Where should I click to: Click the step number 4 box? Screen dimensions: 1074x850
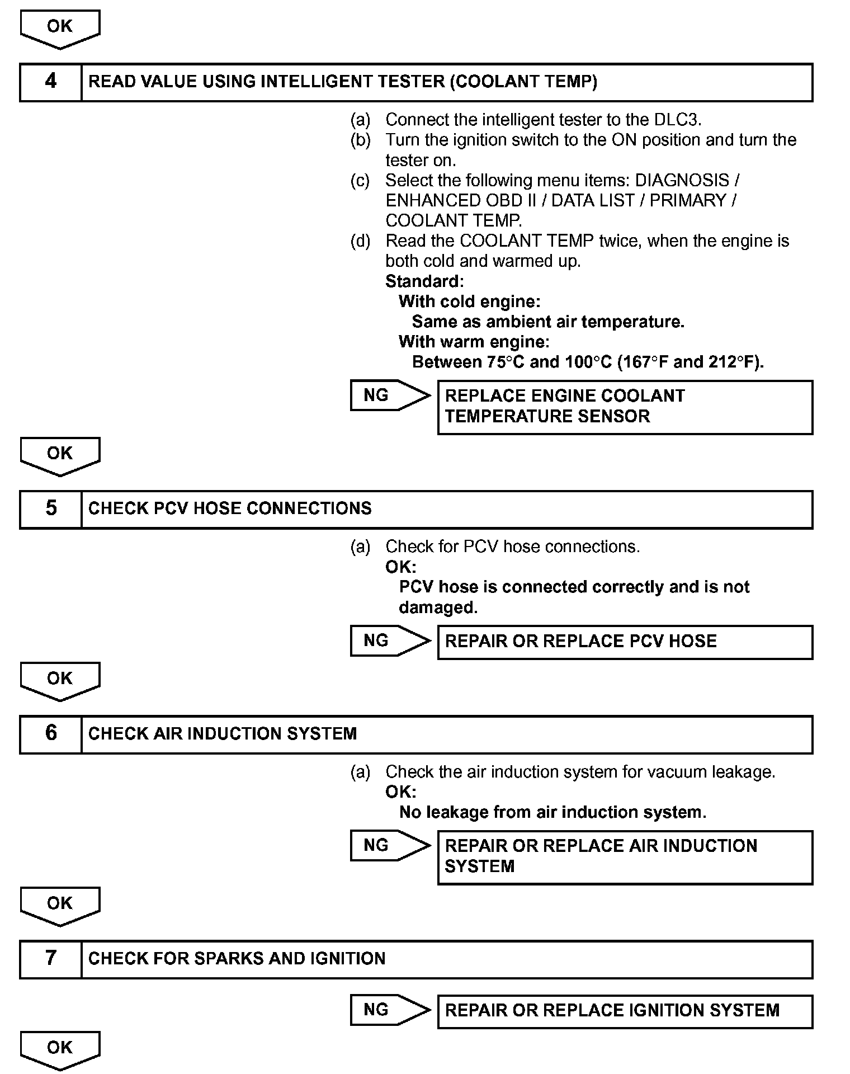51,82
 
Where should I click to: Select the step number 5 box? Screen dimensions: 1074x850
51,509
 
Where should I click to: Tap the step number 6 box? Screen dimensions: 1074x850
51,734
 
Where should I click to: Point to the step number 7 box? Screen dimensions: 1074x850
51,959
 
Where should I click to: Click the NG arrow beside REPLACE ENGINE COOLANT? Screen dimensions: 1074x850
389,395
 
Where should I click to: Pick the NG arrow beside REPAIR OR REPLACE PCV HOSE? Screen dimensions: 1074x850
389,640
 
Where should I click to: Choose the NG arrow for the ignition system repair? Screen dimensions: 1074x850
389,1010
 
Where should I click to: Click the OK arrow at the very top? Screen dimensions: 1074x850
60,29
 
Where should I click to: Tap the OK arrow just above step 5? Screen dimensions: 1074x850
60,455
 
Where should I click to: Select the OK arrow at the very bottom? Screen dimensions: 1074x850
60,1049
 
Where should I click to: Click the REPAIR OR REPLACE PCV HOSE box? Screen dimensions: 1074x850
625,642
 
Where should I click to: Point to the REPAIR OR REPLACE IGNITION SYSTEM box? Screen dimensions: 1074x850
625,1011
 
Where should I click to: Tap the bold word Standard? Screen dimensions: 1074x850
424,281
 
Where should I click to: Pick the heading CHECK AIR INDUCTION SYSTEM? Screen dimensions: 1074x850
223,734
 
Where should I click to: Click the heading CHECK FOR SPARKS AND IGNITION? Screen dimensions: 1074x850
237,959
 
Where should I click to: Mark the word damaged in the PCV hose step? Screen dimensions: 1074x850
438,607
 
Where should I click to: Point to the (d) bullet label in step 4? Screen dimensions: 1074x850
360,241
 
